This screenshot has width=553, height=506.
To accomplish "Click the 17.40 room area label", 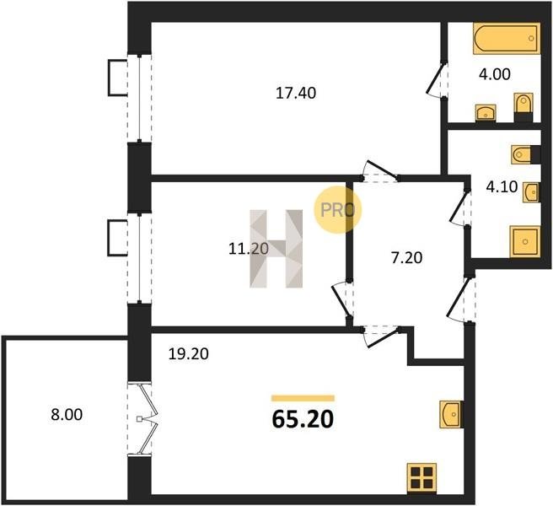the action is pyautogui.click(x=296, y=93).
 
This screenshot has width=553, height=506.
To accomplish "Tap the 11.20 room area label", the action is pyautogui.click(x=249, y=249).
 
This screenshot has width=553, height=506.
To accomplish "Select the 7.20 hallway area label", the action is pyautogui.click(x=406, y=258).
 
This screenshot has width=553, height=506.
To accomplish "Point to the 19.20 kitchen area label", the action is pyautogui.click(x=188, y=354).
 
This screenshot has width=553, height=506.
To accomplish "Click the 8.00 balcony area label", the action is pyautogui.click(x=67, y=414).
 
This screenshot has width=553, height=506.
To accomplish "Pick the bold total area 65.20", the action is pyautogui.click(x=303, y=419).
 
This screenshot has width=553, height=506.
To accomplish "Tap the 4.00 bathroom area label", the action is pyautogui.click(x=495, y=74).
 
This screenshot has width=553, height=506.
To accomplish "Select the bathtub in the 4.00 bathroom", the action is pyautogui.click(x=507, y=39).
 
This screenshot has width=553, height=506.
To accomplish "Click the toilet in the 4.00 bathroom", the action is pyautogui.click(x=523, y=107).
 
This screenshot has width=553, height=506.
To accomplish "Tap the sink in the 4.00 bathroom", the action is pyautogui.click(x=486, y=113).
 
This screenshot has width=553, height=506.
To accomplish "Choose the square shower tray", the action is pyautogui.click(x=525, y=242).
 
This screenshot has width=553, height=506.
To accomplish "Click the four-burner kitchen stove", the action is pyautogui.click(x=421, y=477).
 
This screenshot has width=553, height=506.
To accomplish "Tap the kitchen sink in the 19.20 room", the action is pyautogui.click(x=451, y=414).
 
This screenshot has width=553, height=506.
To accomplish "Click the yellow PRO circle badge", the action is pyautogui.click(x=338, y=210).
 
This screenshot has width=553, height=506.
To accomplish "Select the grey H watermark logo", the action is pyautogui.click(x=276, y=249).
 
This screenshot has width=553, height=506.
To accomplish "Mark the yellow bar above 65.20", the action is pyautogui.click(x=303, y=398).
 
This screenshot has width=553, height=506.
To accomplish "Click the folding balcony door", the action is pyautogui.click(x=145, y=419).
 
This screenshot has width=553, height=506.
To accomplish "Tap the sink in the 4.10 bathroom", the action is pyautogui.click(x=531, y=192).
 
